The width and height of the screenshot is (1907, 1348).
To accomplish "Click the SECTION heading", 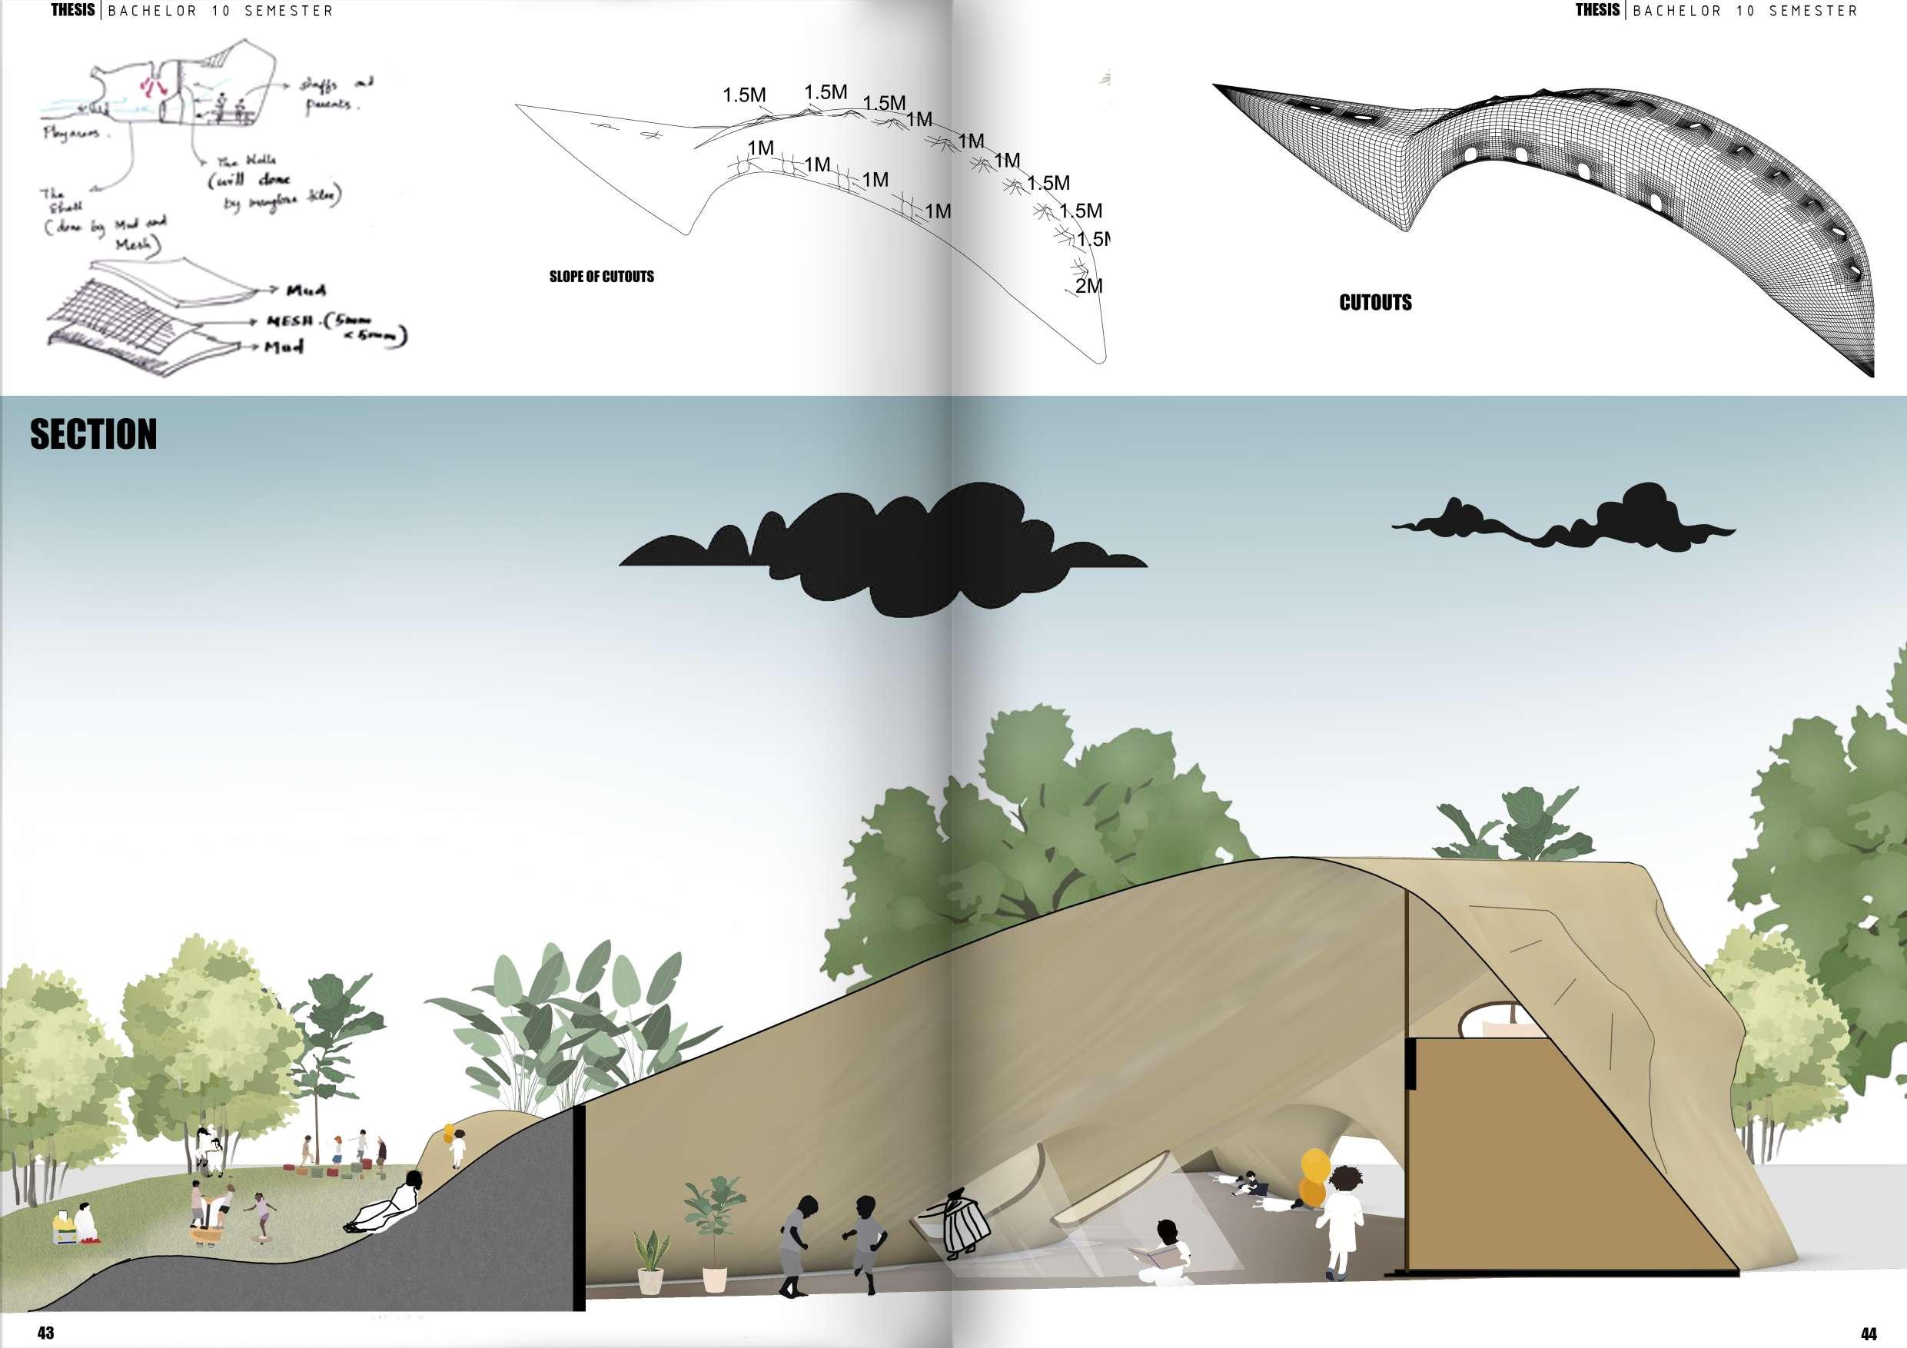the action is point(93,434).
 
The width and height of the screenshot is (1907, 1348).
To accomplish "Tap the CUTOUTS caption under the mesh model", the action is point(1374,302).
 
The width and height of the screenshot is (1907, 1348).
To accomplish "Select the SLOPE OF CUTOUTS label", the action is point(601,277).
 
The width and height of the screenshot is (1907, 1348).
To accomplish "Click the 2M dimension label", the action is point(1088,287).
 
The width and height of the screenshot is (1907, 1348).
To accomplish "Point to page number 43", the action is point(45,1332).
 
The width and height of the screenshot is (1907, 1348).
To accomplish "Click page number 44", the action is point(1869,1334).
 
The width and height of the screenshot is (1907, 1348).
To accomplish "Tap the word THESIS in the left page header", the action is point(73,10).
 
